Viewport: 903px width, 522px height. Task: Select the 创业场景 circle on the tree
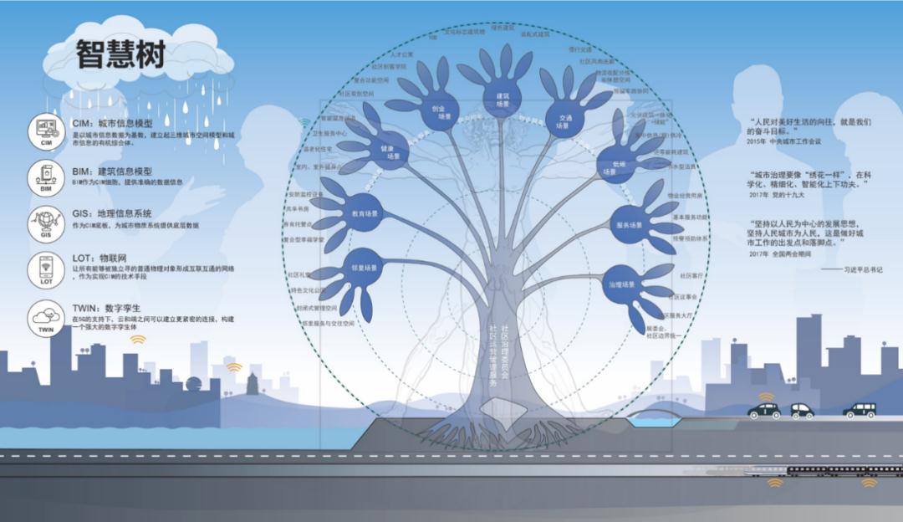click(x=439, y=111)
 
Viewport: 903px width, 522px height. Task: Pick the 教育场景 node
click(x=362, y=212)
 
